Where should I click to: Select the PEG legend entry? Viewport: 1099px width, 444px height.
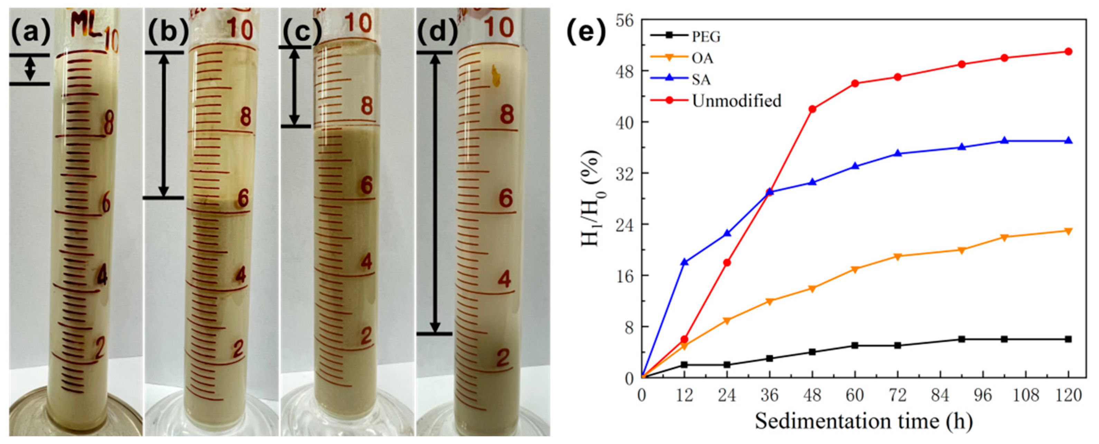[706, 37]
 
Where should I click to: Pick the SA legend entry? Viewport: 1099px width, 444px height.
[701, 80]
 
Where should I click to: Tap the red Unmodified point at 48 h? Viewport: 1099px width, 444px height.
[812, 109]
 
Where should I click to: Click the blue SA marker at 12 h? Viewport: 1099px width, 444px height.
[684, 262]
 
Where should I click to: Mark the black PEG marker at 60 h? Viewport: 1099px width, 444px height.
[855, 345]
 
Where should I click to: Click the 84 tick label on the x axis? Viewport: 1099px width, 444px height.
[940, 395]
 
